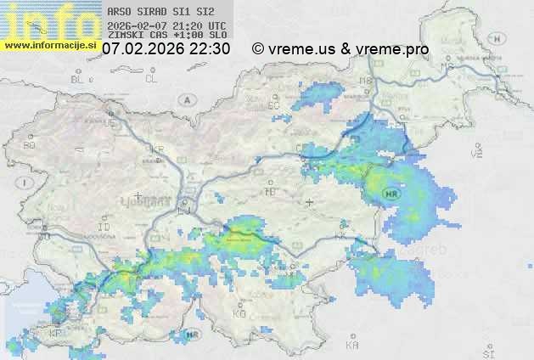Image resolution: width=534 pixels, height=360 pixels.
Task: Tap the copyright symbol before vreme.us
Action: point(258,49)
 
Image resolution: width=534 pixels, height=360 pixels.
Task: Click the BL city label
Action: point(80,79)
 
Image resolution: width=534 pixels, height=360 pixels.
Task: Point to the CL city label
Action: point(152,79)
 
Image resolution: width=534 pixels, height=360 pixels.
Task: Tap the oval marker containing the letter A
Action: point(185,98)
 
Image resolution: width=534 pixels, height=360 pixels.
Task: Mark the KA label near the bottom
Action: point(352,346)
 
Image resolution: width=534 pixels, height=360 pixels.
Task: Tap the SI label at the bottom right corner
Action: point(487,351)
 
